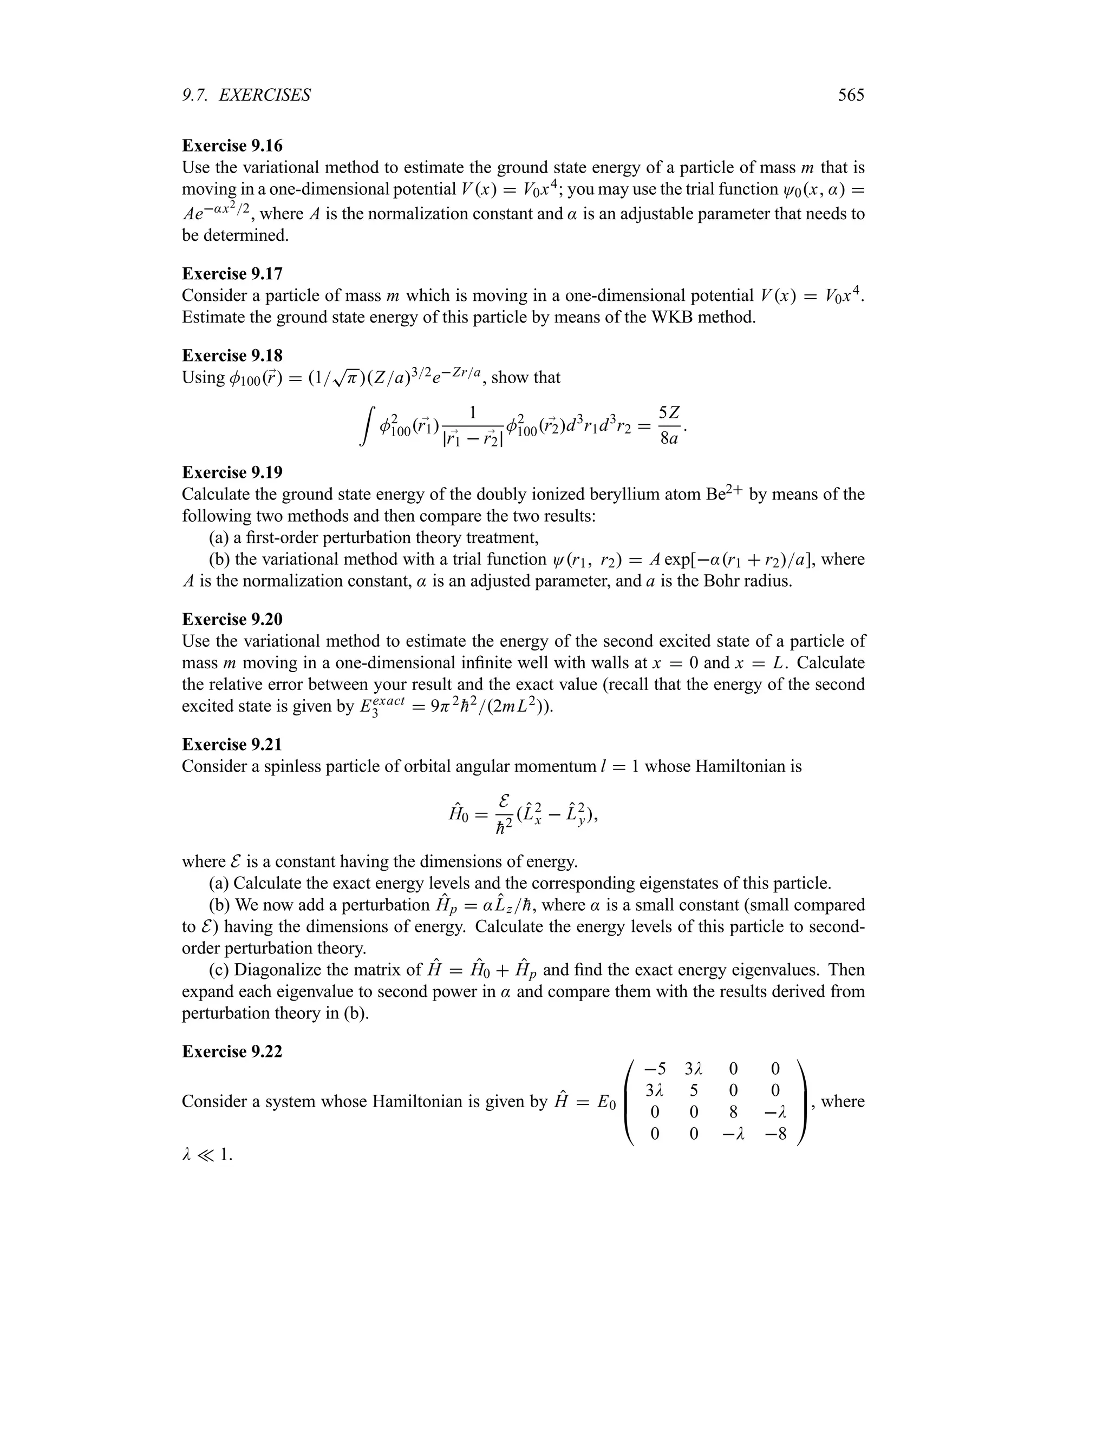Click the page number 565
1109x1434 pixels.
click(x=851, y=95)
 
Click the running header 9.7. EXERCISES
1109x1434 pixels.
click(x=246, y=95)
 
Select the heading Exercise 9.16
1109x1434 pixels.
click(x=232, y=145)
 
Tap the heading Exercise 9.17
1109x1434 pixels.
click(x=232, y=273)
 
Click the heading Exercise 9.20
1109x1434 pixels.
click(x=232, y=619)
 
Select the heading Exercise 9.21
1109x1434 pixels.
click(x=232, y=744)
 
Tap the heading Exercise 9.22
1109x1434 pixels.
click(x=232, y=1051)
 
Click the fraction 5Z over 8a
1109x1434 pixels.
click(x=669, y=425)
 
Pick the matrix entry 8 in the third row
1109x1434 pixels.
click(x=733, y=1112)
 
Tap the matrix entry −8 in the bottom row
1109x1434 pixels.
click(x=775, y=1134)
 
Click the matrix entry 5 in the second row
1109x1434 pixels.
click(x=694, y=1090)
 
